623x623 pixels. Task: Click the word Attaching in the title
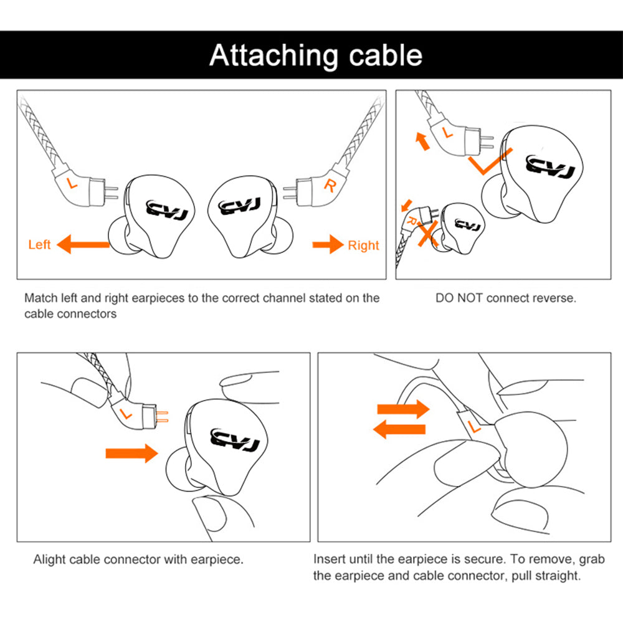274,55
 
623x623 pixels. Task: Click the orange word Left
39,245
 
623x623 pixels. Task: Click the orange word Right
363,245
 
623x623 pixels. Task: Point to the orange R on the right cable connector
330,184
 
